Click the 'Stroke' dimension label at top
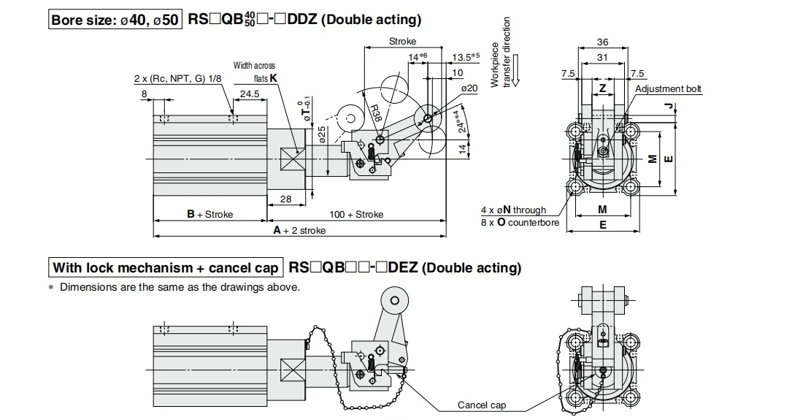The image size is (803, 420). (x=402, y=41)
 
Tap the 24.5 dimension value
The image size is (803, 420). (x=250, y=94)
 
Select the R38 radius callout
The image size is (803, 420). (x=376, y=112)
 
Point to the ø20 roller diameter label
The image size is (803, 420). (x=469, y=88)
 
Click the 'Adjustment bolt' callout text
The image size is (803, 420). (x=668, y=88)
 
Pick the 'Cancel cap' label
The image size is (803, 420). (x=481, y=405)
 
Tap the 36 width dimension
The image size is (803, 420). (x=603, y=42)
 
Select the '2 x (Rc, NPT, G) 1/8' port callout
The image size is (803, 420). (x=177, y=78)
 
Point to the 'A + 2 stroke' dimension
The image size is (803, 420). (x=299, y=231)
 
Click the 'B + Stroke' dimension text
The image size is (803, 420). (x=210, y=214)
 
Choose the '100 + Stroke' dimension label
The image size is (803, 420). (x=356, y=214)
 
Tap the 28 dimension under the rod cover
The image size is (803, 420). (x=285, y=199)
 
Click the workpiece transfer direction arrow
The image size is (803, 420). (x=515, y=71)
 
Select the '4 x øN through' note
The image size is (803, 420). (x=514, y=210)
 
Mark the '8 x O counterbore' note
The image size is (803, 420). (x=520, y=223)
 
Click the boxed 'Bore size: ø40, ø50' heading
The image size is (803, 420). (x=115, y=20)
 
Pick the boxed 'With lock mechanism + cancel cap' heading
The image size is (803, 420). (x=166, y=268)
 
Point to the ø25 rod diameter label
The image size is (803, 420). (x=322, y=134)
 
